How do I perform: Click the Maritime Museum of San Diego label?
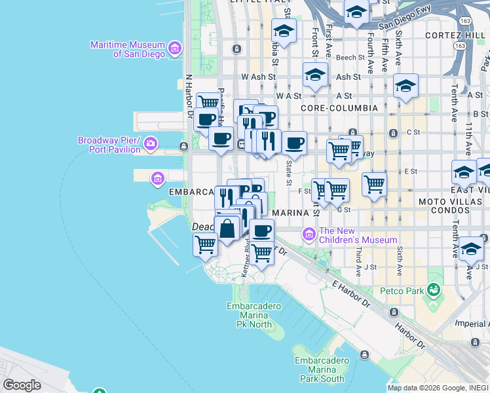128,49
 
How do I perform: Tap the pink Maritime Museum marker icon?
175,48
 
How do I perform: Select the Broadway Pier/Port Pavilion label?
109,145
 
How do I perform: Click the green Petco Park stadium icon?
433,289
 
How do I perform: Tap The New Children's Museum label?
358,235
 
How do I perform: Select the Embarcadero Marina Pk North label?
254,315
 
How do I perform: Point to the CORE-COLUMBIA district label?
339,107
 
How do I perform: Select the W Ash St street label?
255,77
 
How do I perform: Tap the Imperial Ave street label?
472,324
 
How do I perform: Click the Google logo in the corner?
22,385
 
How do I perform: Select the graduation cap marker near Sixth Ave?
405,85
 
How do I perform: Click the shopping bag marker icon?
227,229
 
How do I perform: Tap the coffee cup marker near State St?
295,142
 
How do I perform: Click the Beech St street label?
346,58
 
